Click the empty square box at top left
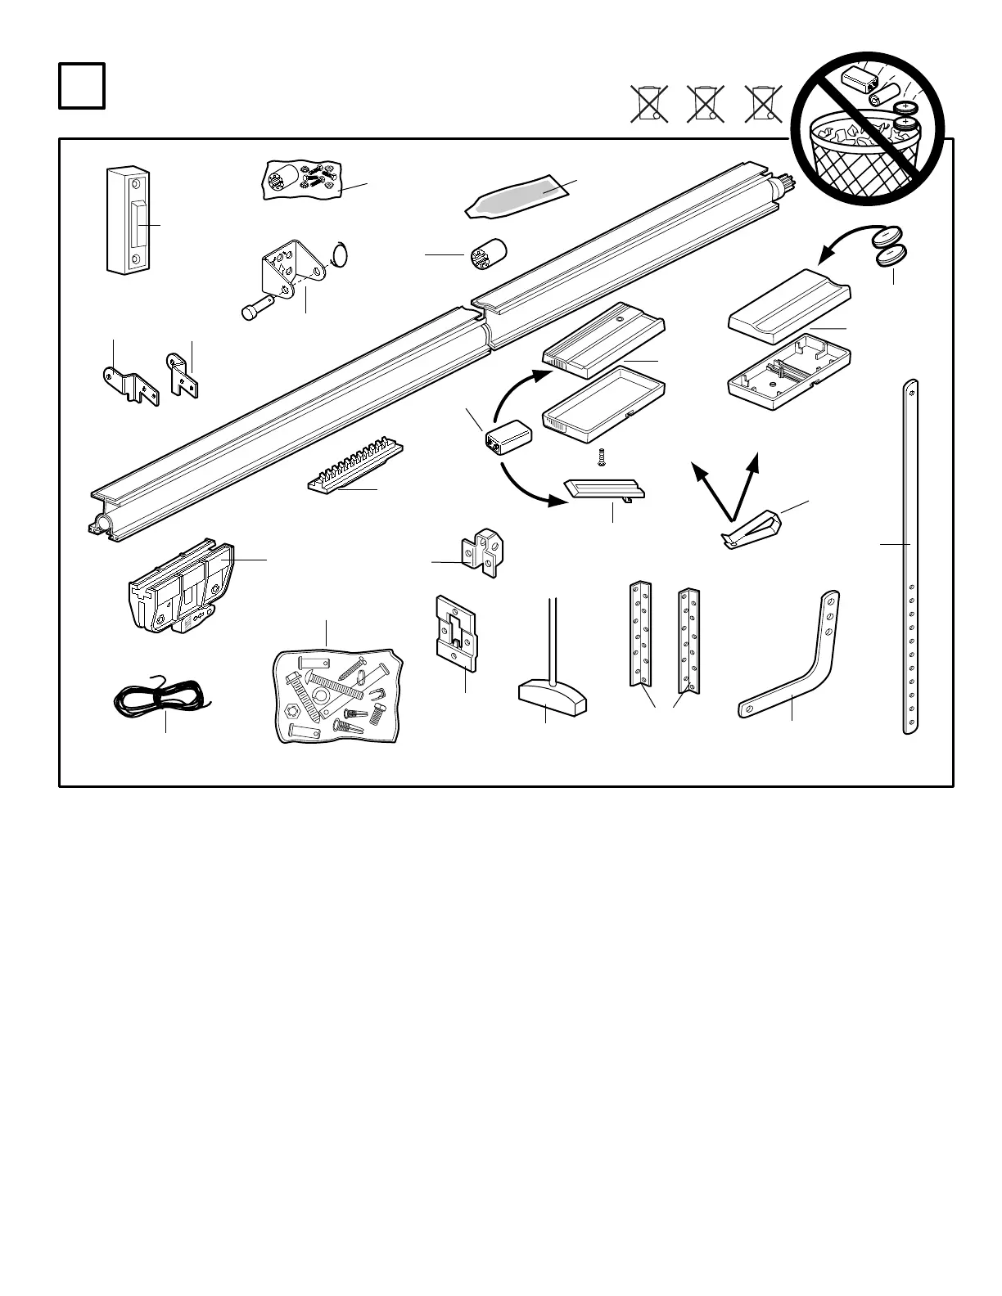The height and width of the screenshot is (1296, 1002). (x=82, y=86)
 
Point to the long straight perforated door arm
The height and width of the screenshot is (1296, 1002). (x=910, y=556)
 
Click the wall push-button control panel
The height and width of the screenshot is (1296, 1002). (x=129, y=219)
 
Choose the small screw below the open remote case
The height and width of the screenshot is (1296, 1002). (x=602, y=457)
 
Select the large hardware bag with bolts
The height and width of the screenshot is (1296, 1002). (x=338, y=694)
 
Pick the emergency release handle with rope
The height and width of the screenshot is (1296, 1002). (x=553, y=687)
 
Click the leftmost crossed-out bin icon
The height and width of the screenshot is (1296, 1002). (x=649, y=105)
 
